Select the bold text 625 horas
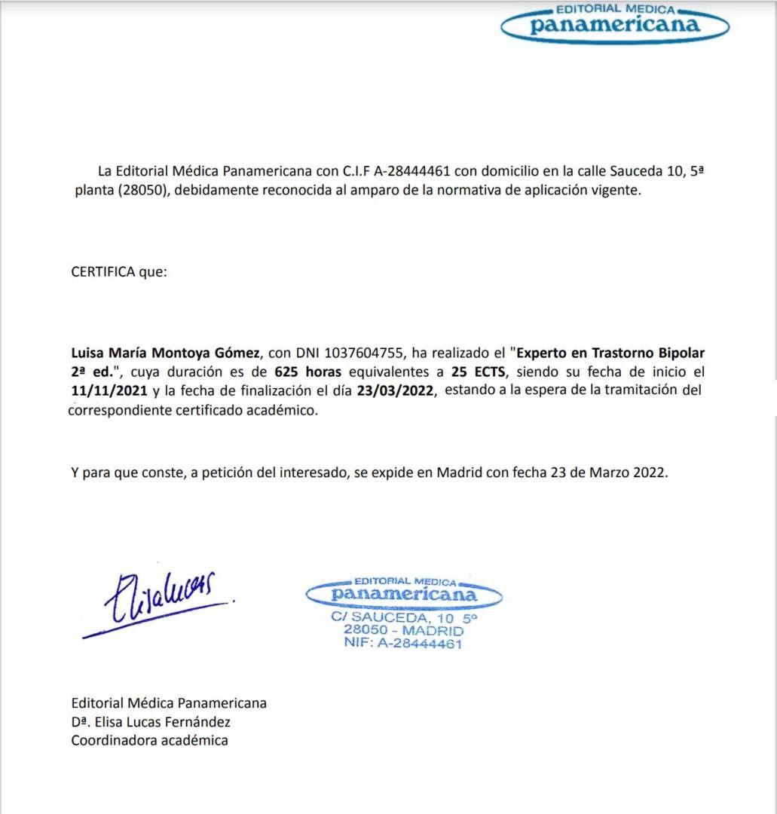click(308, 372)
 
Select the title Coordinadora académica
click(149, 740)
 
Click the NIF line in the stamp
click(402, 643)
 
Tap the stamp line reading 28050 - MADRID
click(403, 630)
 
